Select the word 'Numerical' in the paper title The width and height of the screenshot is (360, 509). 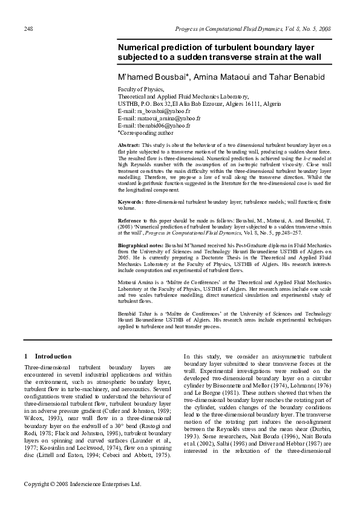pyautogui.click(x=140, y=47)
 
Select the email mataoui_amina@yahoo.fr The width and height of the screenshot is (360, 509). pyautogui.click(x=159, y=118)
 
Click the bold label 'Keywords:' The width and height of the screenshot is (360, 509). pyautogui.click(x=131, y=200)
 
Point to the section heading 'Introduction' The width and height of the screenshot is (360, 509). pyautogui.click(x=53, y=356)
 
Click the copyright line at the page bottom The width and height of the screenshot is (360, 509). pyautogui.click(x=82, y=501)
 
